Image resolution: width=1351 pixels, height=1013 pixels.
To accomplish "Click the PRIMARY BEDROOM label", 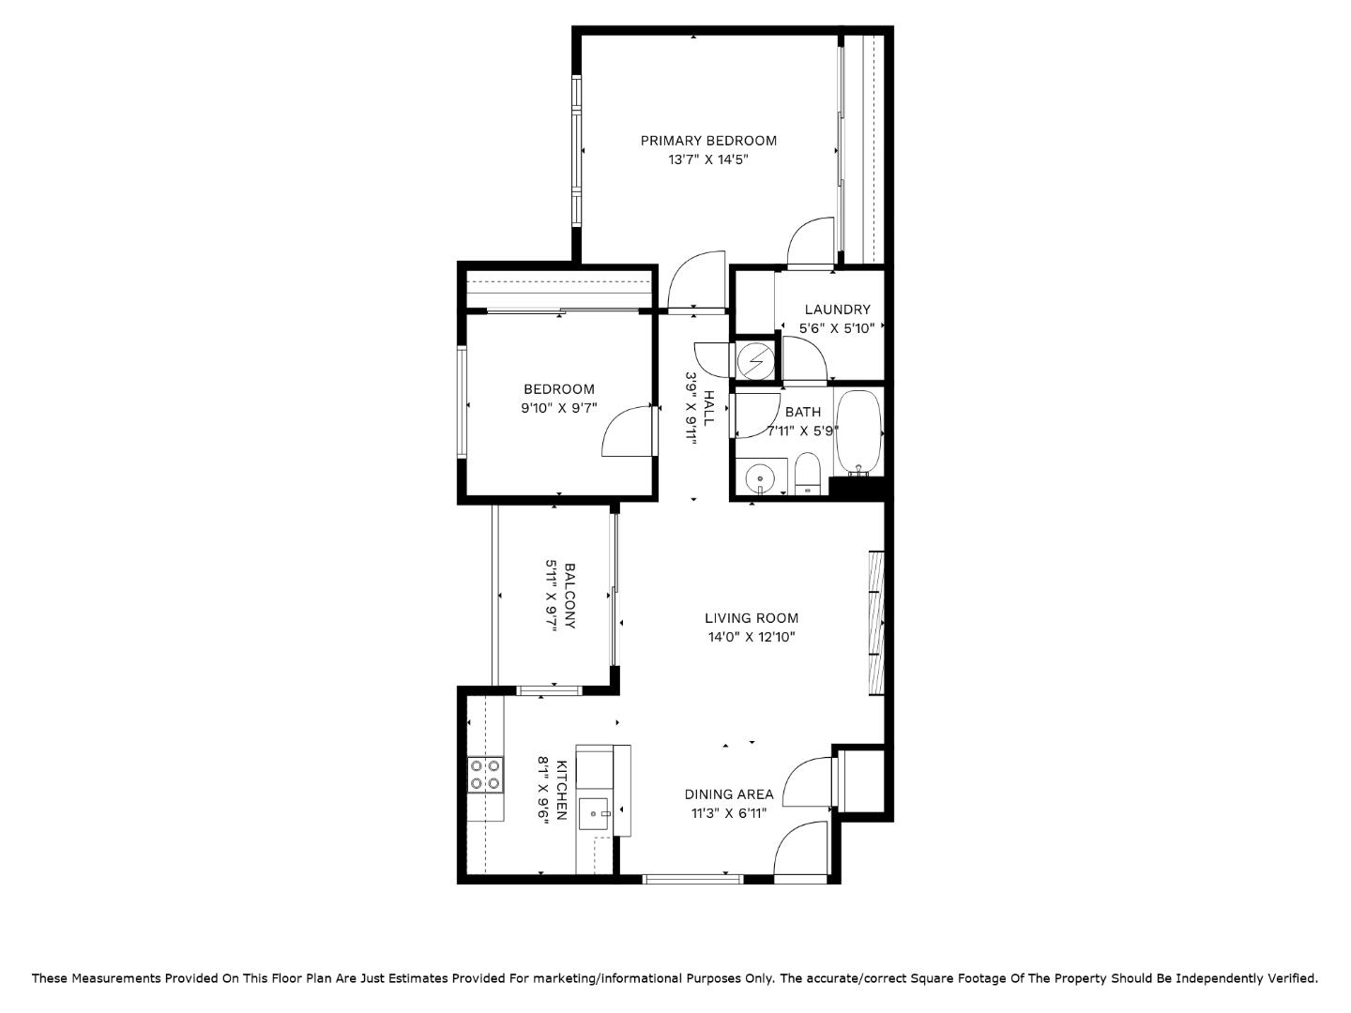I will click(708, 141).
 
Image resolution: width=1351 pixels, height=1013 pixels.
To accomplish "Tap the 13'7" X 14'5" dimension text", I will click(708, 160).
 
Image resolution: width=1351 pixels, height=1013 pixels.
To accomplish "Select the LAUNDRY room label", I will click(837, 310).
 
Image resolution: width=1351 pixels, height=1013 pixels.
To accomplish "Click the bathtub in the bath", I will click(858, 431).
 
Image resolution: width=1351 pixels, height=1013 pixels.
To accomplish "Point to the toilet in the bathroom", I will click(807, 473).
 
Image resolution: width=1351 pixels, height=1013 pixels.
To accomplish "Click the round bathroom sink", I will click(759, 479).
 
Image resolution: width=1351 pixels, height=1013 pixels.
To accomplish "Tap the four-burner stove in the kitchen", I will click(485, 775).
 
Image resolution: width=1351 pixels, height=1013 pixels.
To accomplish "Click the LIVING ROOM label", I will click(751, 618).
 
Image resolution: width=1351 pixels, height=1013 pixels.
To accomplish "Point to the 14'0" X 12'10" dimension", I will click(751, 638).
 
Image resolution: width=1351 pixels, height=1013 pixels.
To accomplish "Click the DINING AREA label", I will click(729, 794).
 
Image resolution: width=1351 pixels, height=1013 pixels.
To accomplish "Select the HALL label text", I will click(708, 408).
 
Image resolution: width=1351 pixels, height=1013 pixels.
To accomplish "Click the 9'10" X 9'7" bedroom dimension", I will click(559, 409).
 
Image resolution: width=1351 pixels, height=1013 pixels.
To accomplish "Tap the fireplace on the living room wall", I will click(876, 622).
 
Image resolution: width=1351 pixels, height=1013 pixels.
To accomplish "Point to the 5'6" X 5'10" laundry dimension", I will click(837, 329).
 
